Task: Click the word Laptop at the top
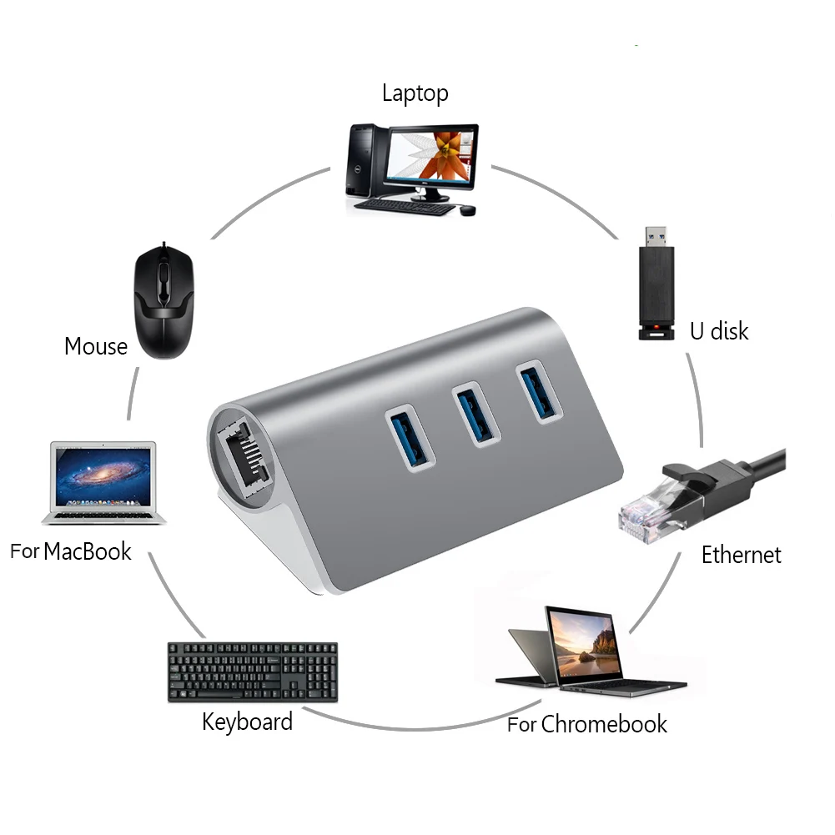415,93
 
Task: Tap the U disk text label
718,330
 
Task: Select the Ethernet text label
741,555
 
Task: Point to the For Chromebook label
587,724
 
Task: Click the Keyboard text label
247,722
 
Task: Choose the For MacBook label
71,551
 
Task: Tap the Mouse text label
96,345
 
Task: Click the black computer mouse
164,304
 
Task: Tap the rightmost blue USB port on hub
539,390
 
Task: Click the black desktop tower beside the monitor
364,159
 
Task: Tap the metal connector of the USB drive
656,235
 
